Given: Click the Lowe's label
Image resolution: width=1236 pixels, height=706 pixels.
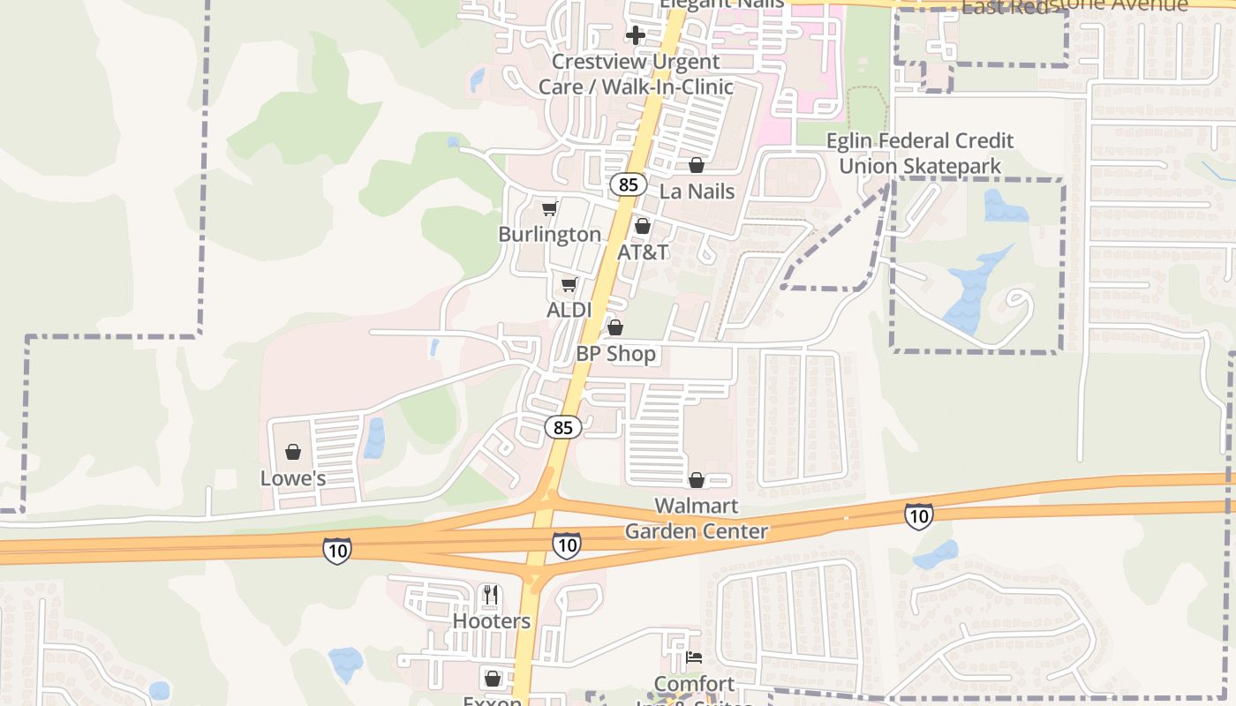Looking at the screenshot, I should tap(293, 478).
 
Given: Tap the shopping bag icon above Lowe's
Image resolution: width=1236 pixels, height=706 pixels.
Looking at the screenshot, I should tap(293, 452).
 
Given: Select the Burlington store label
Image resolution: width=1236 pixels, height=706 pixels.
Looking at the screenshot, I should tap(549, 234).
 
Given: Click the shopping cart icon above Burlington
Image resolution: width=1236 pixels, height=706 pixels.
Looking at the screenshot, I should tap(550, 208).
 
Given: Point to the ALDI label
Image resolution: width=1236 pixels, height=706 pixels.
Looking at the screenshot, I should tap(569, 310).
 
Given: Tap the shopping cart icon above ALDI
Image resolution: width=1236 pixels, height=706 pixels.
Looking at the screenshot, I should tap(569, 284).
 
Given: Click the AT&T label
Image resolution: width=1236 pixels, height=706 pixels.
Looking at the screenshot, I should tap(643, 252).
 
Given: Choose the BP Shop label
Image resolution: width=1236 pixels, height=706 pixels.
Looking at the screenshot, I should tap(616, 354).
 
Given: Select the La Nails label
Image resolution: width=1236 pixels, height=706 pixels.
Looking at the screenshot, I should tap(697, 191).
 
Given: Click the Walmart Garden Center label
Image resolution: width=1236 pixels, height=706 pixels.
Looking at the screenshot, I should tap(697, 519).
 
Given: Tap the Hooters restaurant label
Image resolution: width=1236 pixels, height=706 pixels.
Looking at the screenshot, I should tap(492, 621).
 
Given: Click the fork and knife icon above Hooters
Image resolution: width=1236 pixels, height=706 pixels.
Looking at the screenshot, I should tap(492, 595).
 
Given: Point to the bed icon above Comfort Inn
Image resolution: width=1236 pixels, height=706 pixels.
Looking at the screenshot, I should tap(695, 657).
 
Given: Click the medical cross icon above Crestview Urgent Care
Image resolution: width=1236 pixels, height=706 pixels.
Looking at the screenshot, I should tap(635, 35).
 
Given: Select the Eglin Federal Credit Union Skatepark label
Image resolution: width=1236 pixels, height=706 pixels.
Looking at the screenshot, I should tap(920, 154).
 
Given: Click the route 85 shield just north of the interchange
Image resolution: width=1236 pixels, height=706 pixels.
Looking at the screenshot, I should tap(563, 427).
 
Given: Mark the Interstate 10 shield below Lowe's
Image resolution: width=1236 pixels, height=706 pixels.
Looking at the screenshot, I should tap(337, 551).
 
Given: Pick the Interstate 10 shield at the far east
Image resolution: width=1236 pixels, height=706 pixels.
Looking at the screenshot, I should tap(918, 516).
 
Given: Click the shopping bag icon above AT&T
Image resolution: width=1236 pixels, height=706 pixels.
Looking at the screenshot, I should tap(643, 227).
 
